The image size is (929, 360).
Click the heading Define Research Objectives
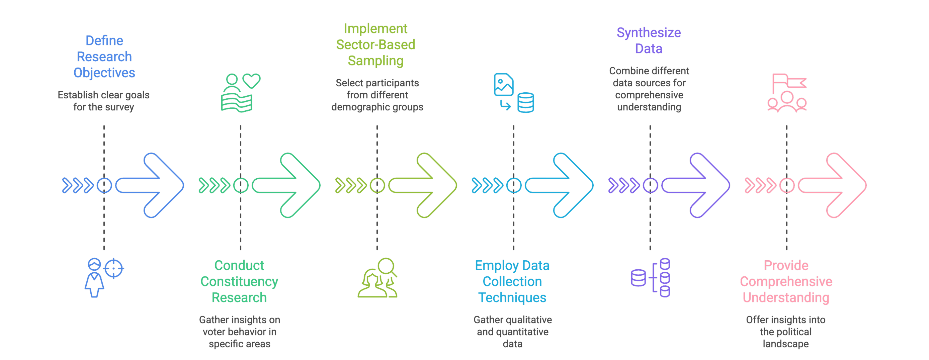(104, 57)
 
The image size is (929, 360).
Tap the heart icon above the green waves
(251, 80)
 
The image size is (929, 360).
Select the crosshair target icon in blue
(114, 268)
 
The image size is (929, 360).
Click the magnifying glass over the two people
(387, 267)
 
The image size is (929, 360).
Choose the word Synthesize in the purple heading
(649, 33)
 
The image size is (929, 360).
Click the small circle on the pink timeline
(787, 185)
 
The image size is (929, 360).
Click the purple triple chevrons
(623, 185)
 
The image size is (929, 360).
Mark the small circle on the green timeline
(241, 185)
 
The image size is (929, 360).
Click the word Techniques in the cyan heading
(512, 297)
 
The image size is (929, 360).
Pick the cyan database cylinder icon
(526, 103)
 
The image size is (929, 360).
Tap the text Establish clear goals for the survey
(104, 101)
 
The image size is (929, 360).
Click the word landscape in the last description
(785, 344)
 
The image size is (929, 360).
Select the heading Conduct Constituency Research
(239, 281)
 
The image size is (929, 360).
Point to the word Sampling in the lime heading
(375, 61)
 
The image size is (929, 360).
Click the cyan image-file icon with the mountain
(503, 84)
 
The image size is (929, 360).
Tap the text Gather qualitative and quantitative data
(512, 332)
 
